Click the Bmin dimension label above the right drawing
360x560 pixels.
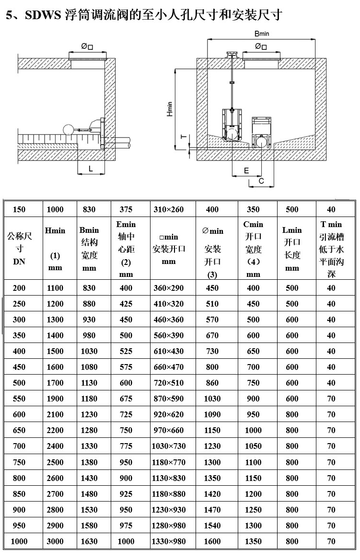point(261,34)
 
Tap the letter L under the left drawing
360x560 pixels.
point(91,168)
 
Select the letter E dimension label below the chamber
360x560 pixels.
point(246,171)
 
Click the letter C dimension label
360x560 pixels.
point(261,181)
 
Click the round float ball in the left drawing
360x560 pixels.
point(68,129)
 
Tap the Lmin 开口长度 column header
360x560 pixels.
point(292,249)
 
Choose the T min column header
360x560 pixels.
point(331,249)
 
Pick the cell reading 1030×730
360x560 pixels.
point(168,446)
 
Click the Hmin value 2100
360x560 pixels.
point(55,414)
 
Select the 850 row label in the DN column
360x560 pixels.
point(19,494)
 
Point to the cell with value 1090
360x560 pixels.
point(212,414)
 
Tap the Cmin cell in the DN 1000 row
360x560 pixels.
point(253,541)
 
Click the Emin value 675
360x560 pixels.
point(126,399)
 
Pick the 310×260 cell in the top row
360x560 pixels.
point(168,209)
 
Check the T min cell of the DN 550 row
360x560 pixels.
point(331,399)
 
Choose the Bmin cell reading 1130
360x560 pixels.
point(89,383)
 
